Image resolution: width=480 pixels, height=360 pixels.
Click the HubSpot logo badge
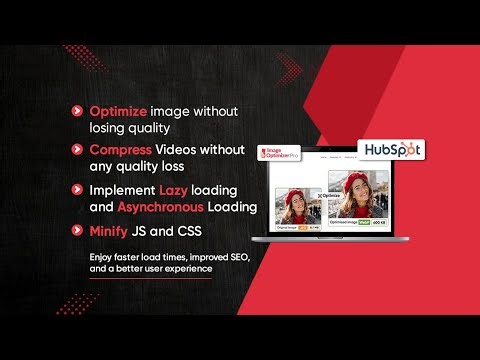(391, 150)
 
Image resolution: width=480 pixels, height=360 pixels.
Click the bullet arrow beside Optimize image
(77, 111)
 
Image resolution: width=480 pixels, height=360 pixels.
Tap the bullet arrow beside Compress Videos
(77, 149)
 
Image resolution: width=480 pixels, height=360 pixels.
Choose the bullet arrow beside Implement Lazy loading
(77, 189)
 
